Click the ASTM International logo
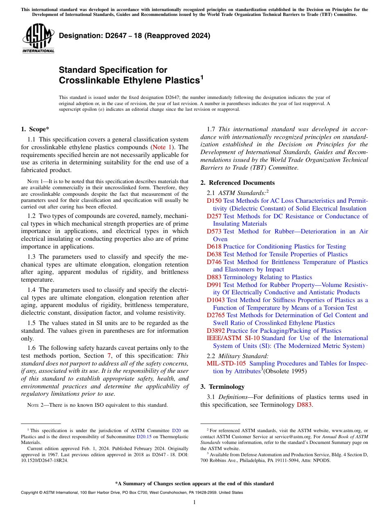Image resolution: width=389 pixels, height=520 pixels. point(38,39)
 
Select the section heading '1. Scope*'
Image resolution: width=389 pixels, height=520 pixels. point(35,129)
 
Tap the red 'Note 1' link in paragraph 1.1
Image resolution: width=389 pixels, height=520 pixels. point(163,147)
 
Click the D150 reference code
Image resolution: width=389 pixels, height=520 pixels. point(214,201)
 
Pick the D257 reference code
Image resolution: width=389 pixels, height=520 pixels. point(214,216)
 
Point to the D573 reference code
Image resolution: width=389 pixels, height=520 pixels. point(214,231)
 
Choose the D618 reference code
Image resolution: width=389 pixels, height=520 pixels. point(214,247)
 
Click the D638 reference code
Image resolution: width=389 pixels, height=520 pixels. point(214,254)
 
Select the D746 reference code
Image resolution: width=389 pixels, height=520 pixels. point(214,262)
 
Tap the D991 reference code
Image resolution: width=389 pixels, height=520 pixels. point(214,285)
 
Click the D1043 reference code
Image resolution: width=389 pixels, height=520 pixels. point(215,300)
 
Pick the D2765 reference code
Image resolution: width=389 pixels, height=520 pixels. point(215,315)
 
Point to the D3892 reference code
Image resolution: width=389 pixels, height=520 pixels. point(215,331)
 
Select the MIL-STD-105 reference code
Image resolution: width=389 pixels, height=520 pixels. point(226,363)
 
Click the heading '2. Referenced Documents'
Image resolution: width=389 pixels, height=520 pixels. point(237,183)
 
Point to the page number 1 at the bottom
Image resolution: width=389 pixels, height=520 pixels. point(194,502)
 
